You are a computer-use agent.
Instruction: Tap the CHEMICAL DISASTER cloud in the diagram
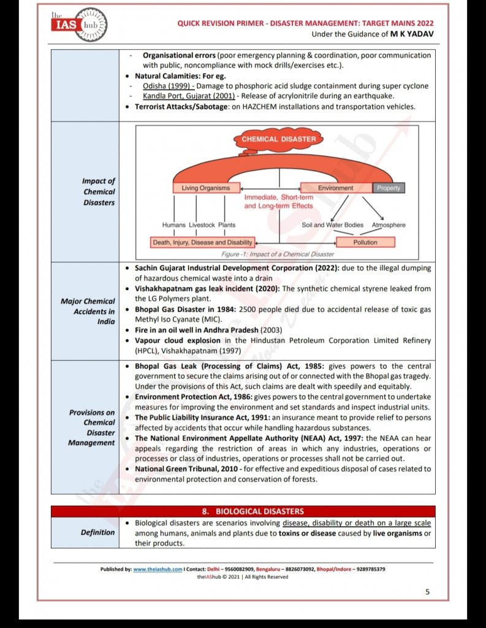pyautogui.click(x=279, y=139)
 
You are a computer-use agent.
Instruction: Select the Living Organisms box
pyautogui.click(x=205, y=188)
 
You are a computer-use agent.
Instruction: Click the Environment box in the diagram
pyautogui.click(x=335, y=188)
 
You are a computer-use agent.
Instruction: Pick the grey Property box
pyautogui.click(x=389, y=188)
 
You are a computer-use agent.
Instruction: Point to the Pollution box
pyautogui.click(x=365, y=242)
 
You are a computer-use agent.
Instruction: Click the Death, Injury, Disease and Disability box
pyautogui.click(x=202, y=242)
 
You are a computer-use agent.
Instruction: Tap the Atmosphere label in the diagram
pyautogui.click(x=388, y=225)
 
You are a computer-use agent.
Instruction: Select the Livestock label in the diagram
pyautogui.click(x=202, y=225)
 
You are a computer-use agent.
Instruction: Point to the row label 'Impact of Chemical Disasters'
pyautogui.click(x=99, y=192)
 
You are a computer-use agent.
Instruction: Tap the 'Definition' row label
pyautogui.click(x=97, y=532)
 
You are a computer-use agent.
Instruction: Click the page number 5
pyautogui.click(x=427, y=592)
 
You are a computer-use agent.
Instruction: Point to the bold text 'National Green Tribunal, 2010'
pyautogui.click(x=186, y=469)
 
